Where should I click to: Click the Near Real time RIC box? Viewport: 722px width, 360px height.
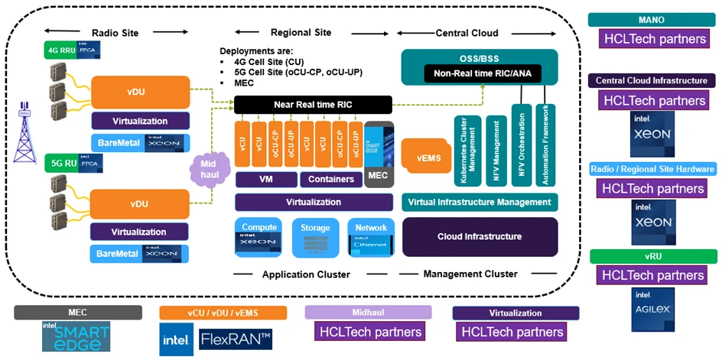[312, 105]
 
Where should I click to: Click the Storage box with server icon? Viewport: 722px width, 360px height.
[315, 237]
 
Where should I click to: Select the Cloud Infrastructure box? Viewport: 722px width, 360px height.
[480, 236]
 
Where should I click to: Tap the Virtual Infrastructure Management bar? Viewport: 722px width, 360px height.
[480, 202]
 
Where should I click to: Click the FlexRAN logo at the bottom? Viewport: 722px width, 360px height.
[235, 339]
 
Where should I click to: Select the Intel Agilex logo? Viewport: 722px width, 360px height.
[652, 310]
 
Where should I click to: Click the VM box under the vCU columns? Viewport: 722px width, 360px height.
[265, 180]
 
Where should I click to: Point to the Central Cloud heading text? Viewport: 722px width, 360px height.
[467, 33]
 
